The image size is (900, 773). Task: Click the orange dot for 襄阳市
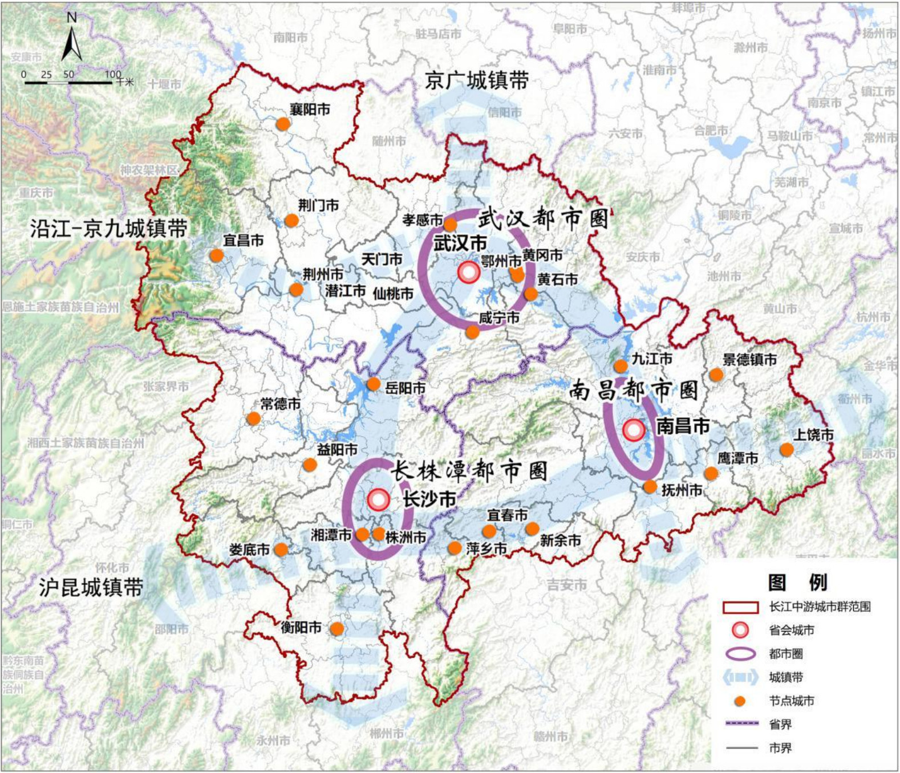[282, 124]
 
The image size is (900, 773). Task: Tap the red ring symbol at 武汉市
[469, 272]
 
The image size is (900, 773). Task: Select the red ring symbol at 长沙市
[378, 499]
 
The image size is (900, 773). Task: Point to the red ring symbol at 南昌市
[634, 430]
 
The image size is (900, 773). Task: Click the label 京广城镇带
[476, 80]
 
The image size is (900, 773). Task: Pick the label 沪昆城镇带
[91, 587]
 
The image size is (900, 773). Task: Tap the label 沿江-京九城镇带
[108, 229]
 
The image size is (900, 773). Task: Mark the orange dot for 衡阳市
[337, 629]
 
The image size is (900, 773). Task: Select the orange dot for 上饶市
[787, 450]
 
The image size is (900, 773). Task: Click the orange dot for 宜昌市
[216, 255]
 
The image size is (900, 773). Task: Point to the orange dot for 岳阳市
[373, 384]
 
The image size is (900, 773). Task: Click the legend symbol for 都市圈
[740, 654]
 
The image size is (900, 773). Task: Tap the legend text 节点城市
[791, 701]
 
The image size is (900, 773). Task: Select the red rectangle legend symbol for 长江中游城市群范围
[740, 607]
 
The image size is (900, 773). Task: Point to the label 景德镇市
[749, 360]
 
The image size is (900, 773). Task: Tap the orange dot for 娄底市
[281, 550]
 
